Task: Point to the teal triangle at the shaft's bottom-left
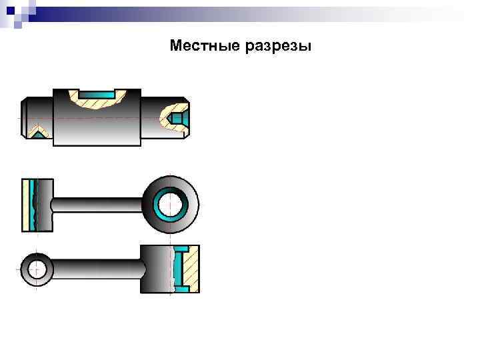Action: [39, 134]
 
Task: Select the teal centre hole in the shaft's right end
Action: [178, 118]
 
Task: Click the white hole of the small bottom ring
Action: [37, 269]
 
